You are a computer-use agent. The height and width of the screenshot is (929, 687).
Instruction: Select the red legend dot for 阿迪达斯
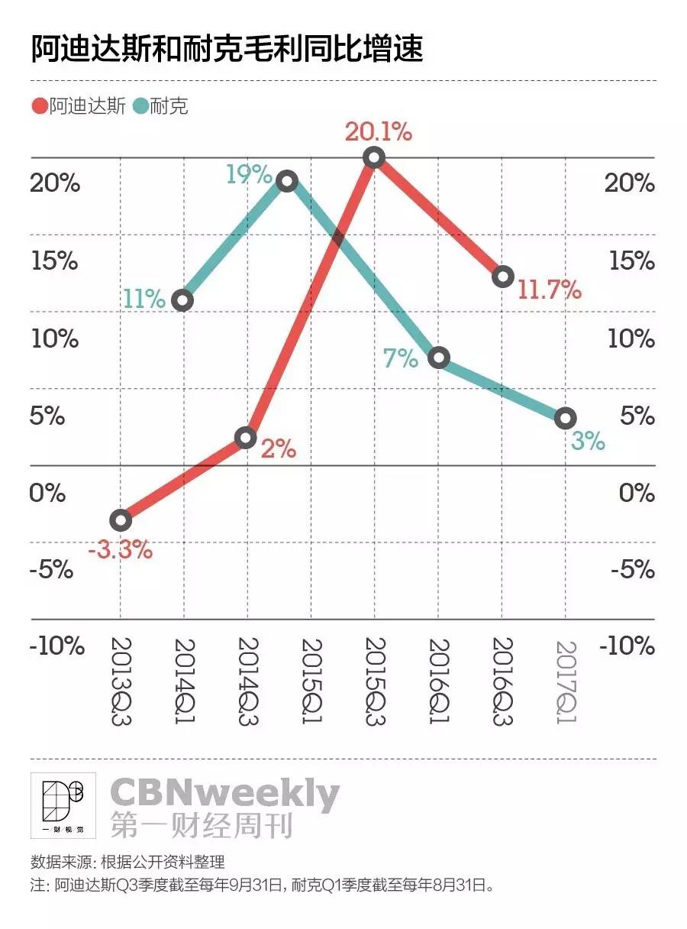click(x=39, y=106)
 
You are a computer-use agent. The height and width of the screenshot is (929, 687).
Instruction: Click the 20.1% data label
click(x=378, y=132)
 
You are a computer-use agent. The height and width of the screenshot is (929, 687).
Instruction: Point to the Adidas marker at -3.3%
click(x=121, y=520)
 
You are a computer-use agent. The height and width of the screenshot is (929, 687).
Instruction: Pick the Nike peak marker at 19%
click(x=286, y=181)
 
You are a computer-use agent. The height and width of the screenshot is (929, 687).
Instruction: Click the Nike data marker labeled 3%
click(x=565, y=418)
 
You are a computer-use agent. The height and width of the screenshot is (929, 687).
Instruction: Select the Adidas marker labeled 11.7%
click(x=502, y=277)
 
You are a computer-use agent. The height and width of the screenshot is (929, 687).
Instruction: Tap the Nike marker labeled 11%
click(x=183, y=300)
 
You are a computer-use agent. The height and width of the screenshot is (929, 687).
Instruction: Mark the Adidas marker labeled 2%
click(x=245, y=438)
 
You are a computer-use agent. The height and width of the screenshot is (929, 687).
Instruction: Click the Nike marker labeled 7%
click(x=438, y=358)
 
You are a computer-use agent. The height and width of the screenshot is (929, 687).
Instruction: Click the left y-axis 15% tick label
click(x=54, y=261)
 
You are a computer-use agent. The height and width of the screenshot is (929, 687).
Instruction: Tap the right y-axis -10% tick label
click(x=627, y=646)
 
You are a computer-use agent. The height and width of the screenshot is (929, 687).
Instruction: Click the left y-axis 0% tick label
click(x=48, y=493)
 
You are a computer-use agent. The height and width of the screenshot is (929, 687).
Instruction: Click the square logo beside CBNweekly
click(x=63, y=806)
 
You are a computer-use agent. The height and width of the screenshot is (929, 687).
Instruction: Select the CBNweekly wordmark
click(x=224, y=795)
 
